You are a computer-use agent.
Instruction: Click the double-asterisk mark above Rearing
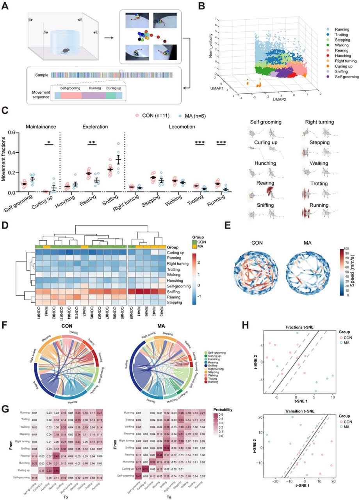pyautogui.click(x=92, y=142)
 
